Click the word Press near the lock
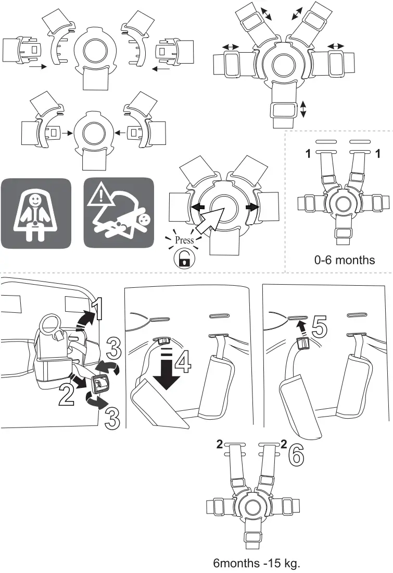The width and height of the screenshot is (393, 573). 184,240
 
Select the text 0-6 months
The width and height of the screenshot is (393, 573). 344,260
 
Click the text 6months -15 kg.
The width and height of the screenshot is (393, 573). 257,563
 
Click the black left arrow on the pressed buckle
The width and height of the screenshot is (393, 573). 197,206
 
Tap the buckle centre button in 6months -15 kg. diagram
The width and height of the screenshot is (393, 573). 253,506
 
